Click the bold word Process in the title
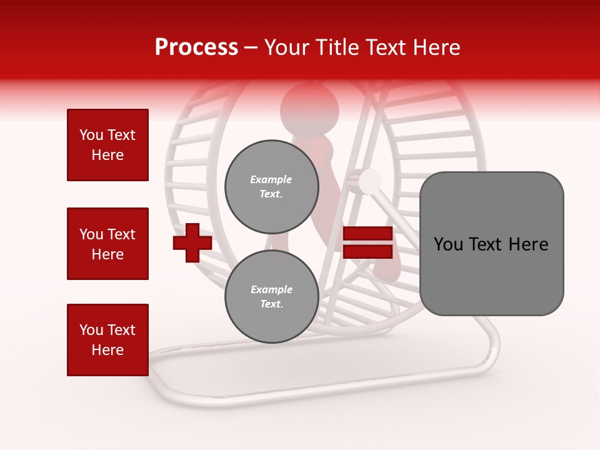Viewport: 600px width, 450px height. coord(196,47)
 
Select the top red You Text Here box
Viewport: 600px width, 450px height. coord(107,145)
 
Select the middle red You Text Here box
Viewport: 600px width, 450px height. coord(107,244)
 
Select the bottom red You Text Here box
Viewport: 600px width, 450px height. coord(107,340)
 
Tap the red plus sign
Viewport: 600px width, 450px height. coord(192,242)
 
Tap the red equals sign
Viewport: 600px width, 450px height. coord(368,242)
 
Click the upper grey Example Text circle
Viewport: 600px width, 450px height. coord(272,186)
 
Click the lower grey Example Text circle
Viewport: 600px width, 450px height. coord(272,296)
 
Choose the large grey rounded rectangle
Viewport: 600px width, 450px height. coord(491,244)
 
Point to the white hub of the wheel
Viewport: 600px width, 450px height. coord(370,181)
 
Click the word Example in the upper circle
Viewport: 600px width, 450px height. coord(271,179)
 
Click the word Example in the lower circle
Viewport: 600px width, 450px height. coord(271,289)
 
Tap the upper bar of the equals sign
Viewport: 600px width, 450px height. coord(368,234)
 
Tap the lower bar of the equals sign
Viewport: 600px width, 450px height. coord(368,251)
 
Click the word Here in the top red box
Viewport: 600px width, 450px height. coord(107,155)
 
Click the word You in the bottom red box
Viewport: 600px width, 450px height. coord(91,330)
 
